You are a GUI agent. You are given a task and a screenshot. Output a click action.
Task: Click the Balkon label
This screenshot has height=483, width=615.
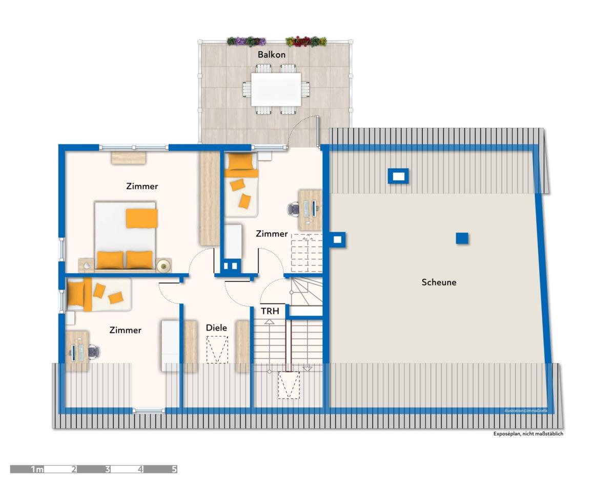pos(271,54)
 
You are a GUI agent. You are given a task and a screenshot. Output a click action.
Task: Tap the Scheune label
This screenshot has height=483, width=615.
pos(439,282)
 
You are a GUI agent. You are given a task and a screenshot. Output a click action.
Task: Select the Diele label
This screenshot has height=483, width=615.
pos(216,327)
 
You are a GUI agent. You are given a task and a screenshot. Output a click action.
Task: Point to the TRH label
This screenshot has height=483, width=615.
pos(270,311)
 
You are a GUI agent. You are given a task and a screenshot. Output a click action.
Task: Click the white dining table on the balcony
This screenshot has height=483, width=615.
pos(276,90)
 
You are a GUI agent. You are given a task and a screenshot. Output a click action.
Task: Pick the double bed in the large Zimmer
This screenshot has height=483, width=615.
pos(125,236)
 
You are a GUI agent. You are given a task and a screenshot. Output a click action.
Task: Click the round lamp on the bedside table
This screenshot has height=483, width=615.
pos(163,266)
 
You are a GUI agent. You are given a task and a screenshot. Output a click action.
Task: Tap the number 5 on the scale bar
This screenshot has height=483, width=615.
pos(174,469)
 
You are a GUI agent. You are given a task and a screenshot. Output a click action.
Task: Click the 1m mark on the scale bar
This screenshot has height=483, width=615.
pos(37,469)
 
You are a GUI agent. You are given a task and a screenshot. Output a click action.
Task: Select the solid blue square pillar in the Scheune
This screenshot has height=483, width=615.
pos(462,238)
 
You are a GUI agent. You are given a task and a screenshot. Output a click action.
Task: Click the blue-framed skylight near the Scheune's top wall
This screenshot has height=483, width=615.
pos(398,176)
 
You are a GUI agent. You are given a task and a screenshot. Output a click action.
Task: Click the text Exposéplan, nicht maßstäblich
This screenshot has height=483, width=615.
pos(528,434)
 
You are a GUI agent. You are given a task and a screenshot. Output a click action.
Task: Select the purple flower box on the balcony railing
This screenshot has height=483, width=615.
pos(246,41)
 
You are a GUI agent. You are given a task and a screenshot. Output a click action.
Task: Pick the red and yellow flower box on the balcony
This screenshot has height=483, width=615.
pos(306,41)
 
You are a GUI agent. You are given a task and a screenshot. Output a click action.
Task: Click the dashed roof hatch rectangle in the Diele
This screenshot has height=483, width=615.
pos(217,349)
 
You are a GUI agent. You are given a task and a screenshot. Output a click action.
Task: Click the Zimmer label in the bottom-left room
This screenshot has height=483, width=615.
pos(125,330)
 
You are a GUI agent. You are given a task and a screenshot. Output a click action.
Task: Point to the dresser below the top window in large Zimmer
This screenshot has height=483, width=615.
pos(129,158)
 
